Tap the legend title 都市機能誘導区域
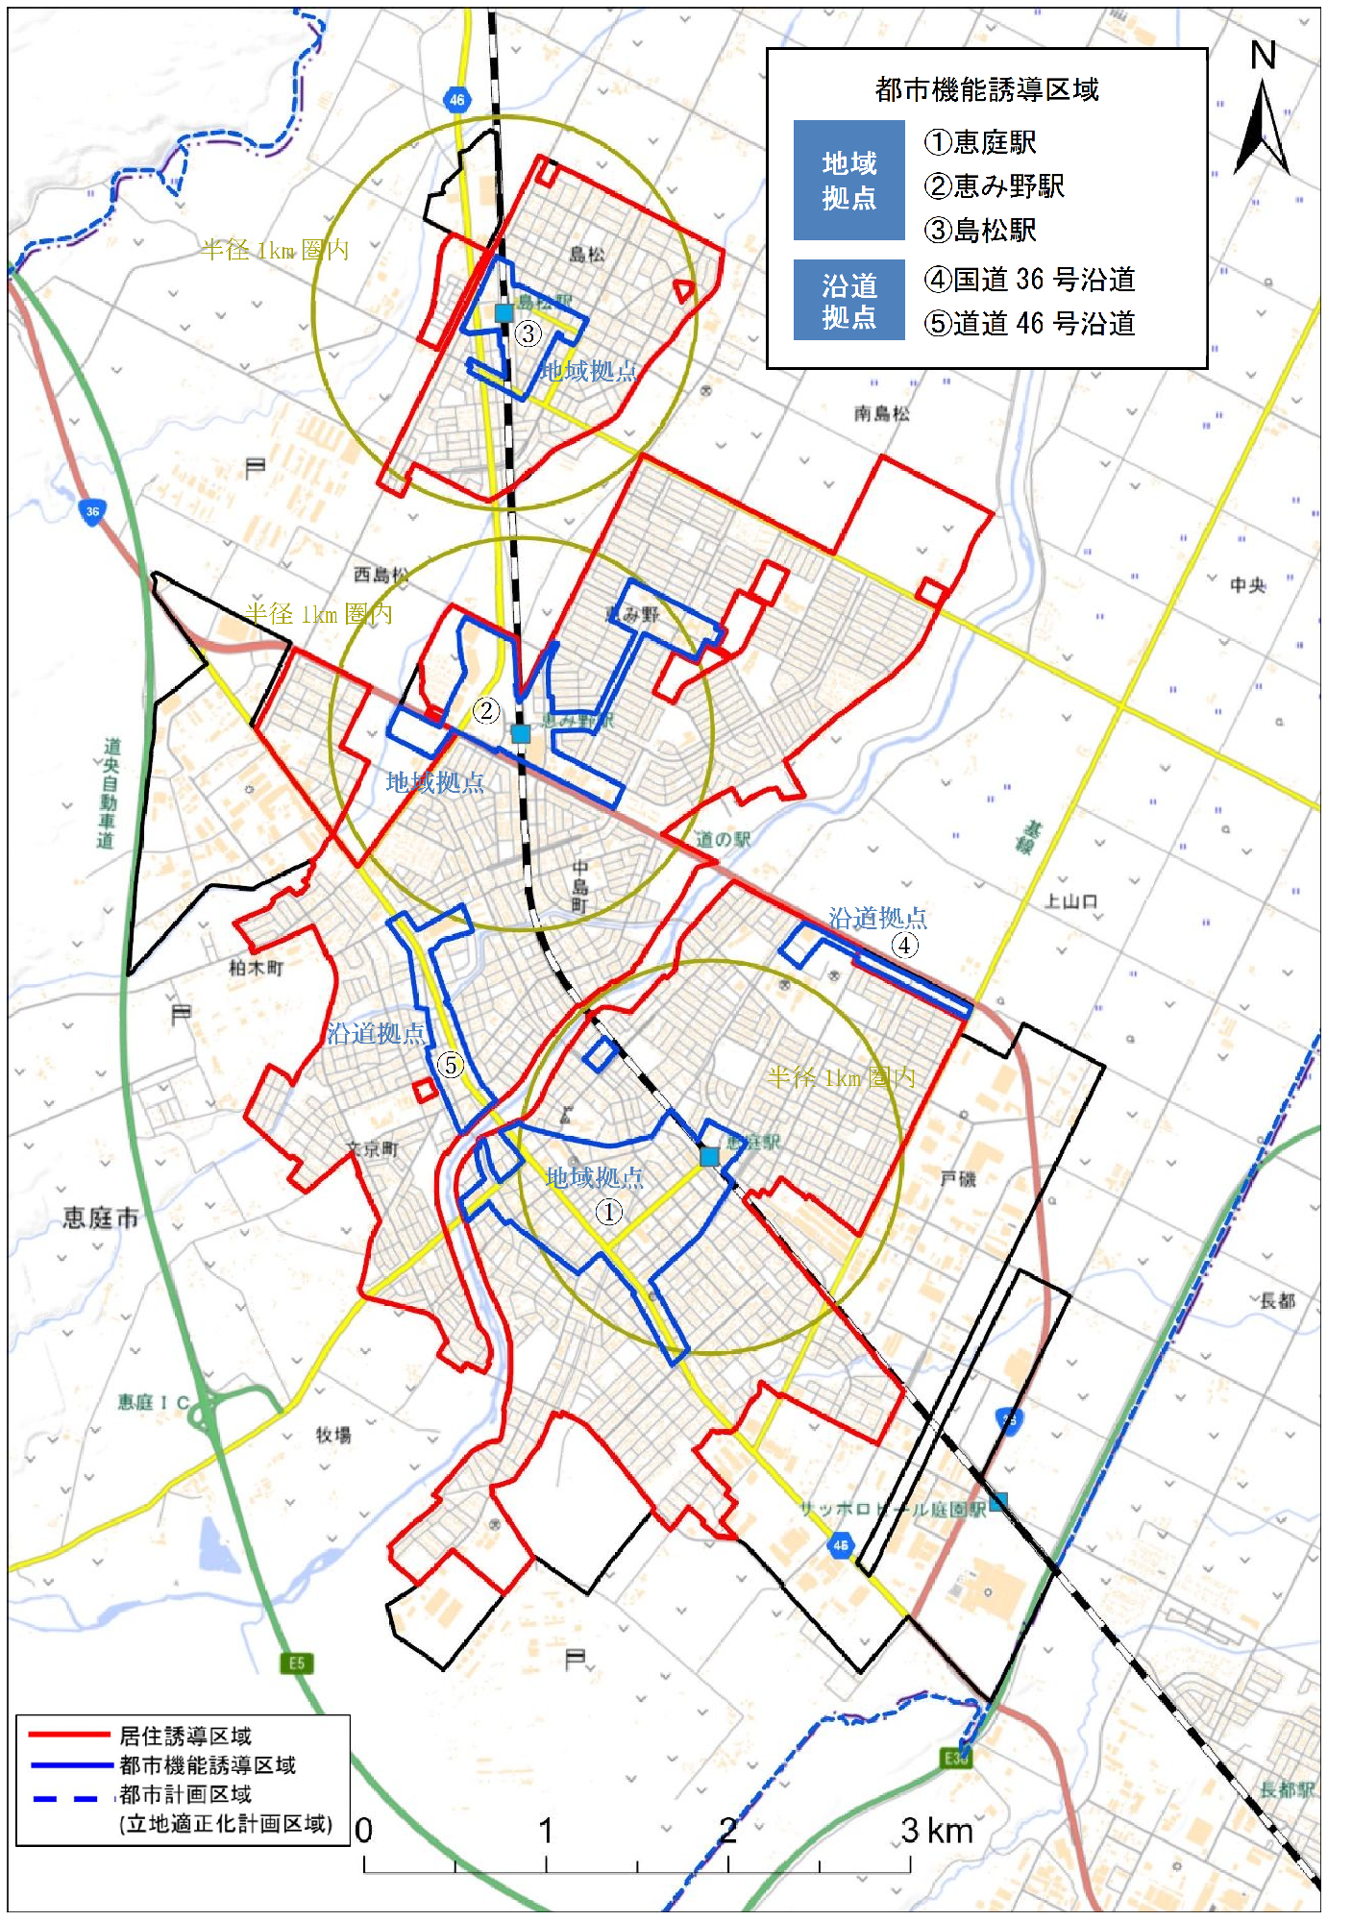click(986, 90)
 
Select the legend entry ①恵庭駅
click(980, 142)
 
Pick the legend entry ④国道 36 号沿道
click(1029, 280)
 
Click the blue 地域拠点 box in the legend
click(848, 180)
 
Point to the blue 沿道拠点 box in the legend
click(848, 300)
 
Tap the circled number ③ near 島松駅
click(528, 333)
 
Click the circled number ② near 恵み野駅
click(486, 710)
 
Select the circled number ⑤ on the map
click(450, 1064)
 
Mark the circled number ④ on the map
click(904, 945)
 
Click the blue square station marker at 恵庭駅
click(709, 1156)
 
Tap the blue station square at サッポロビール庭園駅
click(998, 1501)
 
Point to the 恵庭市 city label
click(101, 1219)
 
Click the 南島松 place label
click(881, 413)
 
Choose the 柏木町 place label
click(256, 967)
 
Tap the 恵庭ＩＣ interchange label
click(154, 1402)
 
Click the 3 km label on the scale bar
click(936, 1831)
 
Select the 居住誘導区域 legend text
click(185, 1736)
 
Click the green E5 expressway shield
click(296, 1663)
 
